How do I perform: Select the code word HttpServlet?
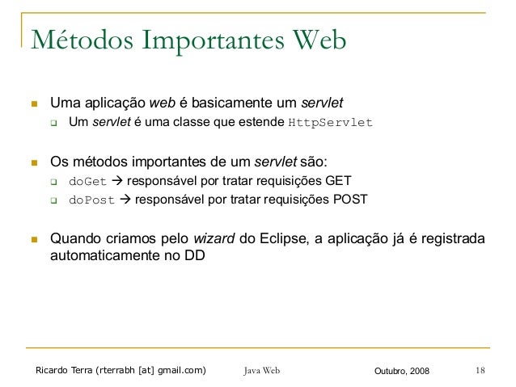click(331, 124)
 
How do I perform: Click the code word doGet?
click(87, 180)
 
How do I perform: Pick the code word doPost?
click(91, 200)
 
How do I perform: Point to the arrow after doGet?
click(116, 180)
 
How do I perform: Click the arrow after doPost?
click(126, 200)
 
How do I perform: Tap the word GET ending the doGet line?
click(337, 180)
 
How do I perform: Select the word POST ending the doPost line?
click(351, 200)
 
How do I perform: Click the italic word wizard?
click(214, 239)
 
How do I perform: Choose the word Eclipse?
click(289, 239)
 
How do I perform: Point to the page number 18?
click(480, 371)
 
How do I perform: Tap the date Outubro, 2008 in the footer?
click(403, 371)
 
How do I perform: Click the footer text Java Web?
click(261, 371)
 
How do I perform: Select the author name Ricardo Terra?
click(64, 371)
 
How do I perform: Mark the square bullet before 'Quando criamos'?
click(34, 240)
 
